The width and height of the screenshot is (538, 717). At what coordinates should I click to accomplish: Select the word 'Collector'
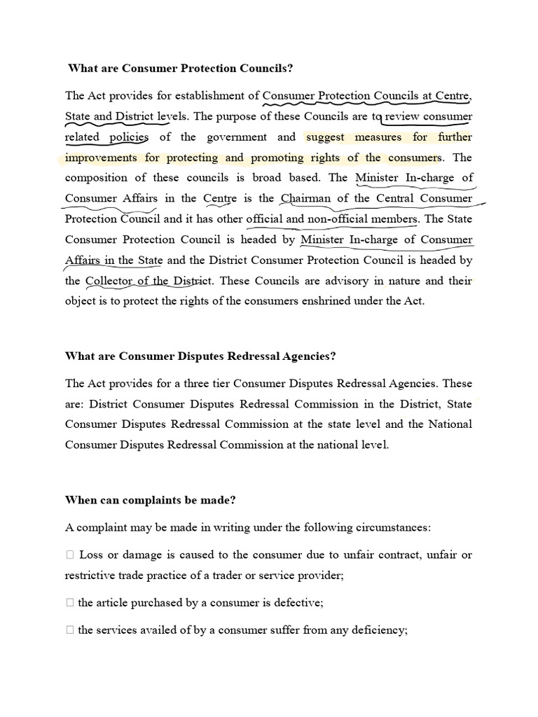110,281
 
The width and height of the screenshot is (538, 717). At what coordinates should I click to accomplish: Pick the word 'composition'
99,178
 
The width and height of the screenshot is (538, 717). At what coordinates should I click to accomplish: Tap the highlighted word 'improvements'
102,158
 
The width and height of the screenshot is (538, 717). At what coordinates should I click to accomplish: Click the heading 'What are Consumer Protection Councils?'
180,69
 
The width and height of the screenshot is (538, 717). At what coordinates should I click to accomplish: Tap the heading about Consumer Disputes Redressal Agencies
200,356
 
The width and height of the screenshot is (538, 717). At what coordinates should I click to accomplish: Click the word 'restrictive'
92,575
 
